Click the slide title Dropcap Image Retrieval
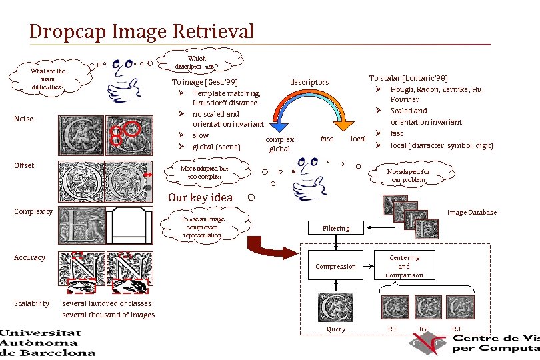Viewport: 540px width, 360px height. click(x=141, y=31)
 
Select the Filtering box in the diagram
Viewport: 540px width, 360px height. click(x=335, y=228)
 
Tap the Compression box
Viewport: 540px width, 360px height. click(x=335, y=266)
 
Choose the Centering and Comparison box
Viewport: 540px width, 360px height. click(x=404, y=266)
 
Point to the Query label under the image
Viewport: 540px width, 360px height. click(x=335, y=329)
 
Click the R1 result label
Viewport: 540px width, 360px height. click(x=392, y=329)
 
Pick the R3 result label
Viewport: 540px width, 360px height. click(x=456, y=329)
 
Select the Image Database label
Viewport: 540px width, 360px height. click(x=471, y=213)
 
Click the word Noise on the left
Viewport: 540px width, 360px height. click(x=23, y=119)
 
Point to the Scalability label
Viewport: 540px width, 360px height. click(x=31, y=303)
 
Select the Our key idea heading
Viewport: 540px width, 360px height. click(x=200, y=197)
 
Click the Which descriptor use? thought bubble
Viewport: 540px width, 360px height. click(x=197, y=62)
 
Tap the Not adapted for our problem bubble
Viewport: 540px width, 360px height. click(x=408, y=176)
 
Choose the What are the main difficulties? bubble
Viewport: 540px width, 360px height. click(x=47, y=79)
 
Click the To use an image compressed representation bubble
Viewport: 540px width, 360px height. click(x=203, y=227)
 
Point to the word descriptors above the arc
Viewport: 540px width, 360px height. click(x=309, y=82)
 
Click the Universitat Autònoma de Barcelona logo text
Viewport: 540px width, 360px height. click(x=47, y=342)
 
